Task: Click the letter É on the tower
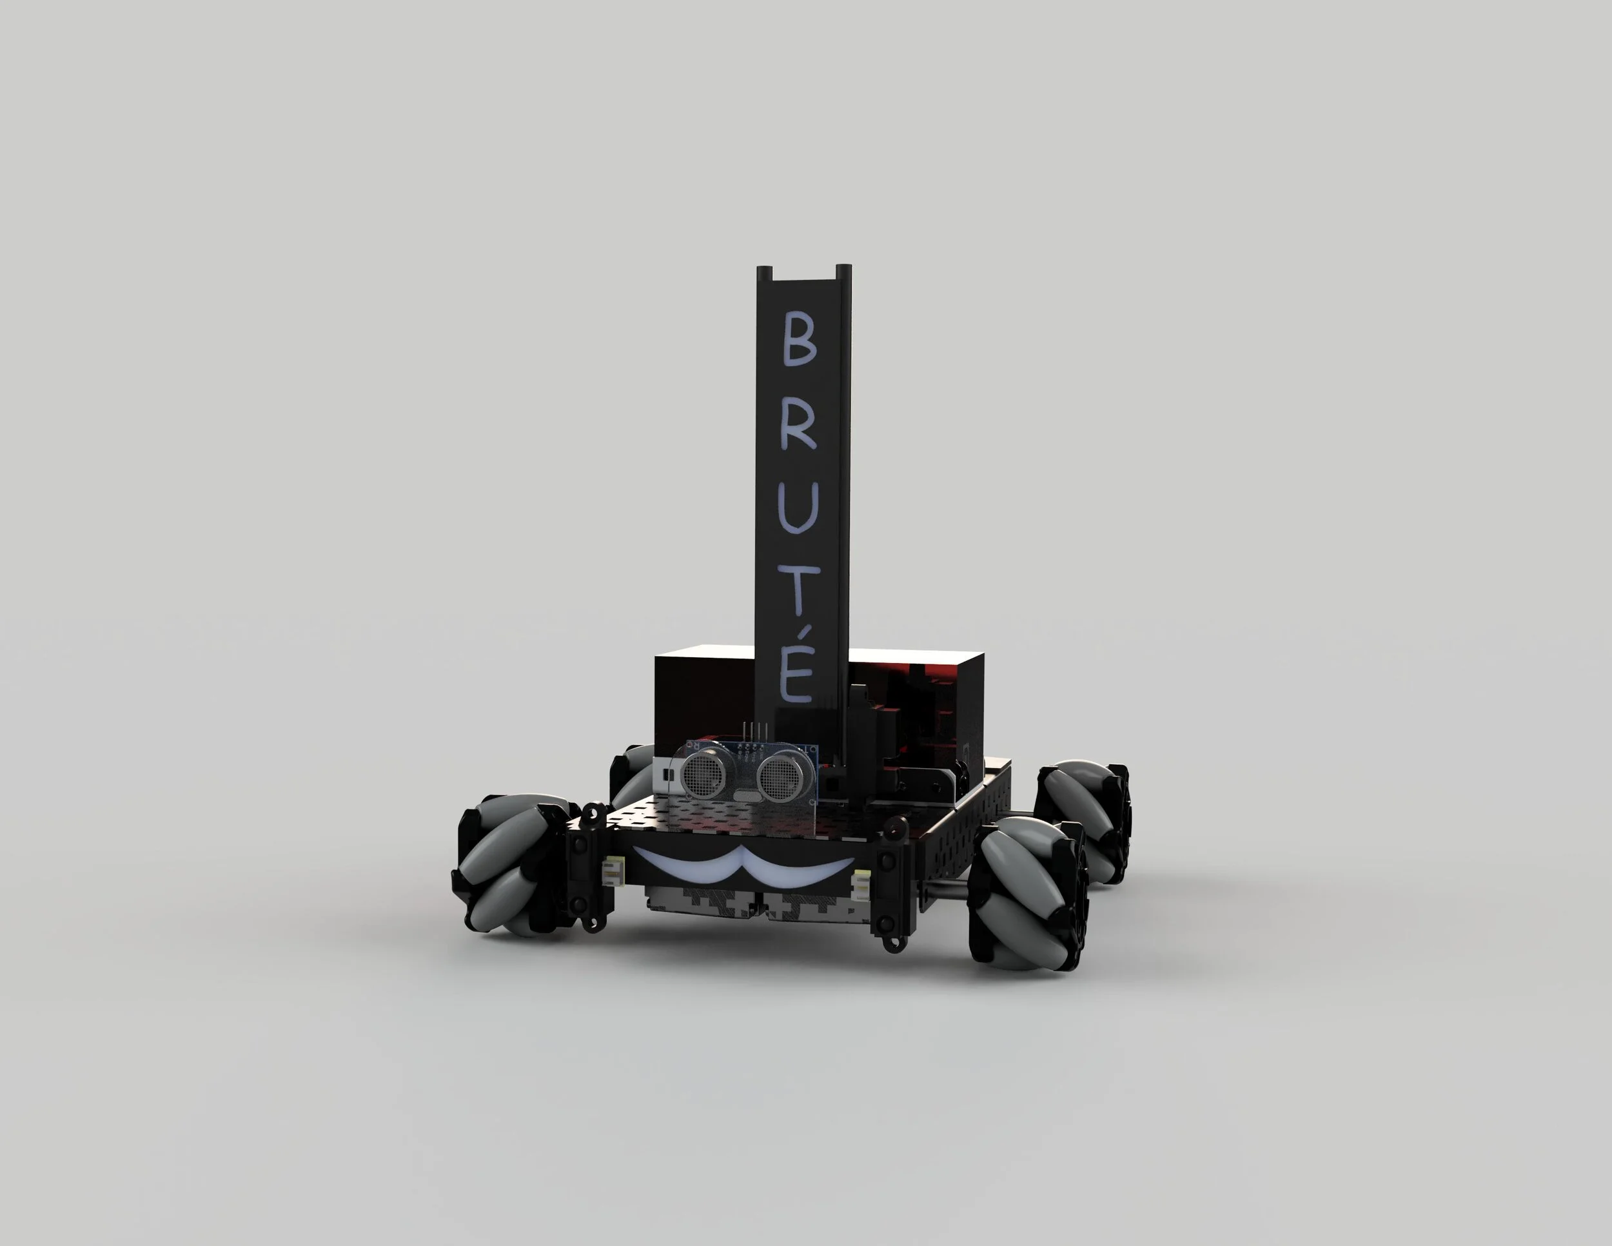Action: pyautogui.click(x=796, y=672)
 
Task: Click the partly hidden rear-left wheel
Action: pyautogui.click(x=632, y=771)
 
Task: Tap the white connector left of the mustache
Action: pyautogui.click(x=613, y=869)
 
